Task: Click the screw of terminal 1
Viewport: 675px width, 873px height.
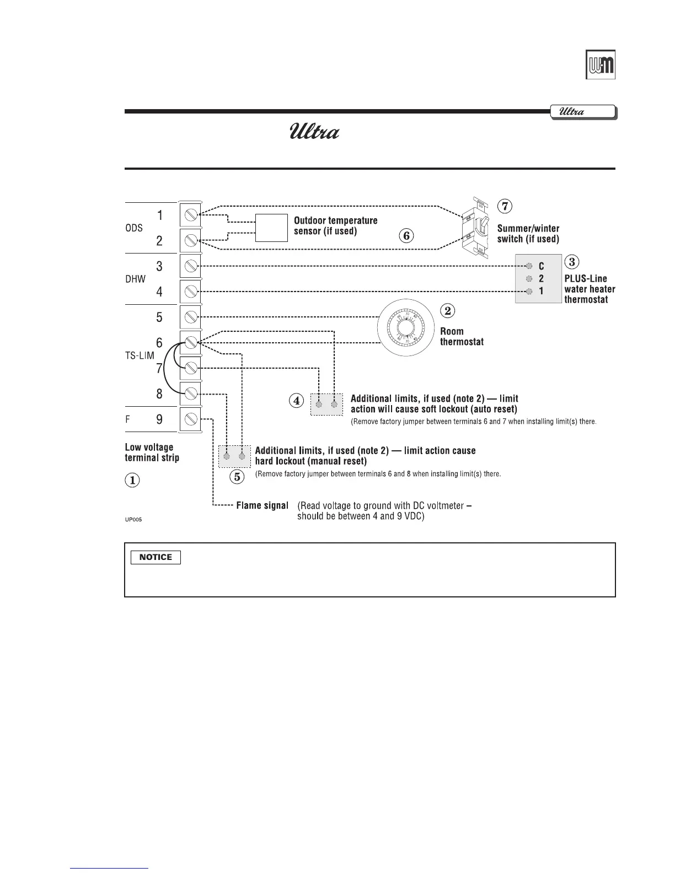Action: coord(191,215)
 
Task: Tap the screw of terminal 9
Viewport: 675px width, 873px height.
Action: coord(191,419)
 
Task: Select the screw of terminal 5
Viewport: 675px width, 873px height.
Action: coord(191,317)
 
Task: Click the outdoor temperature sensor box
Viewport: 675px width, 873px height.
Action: coord(271,228)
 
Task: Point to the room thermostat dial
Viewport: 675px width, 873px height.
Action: coord(406,330)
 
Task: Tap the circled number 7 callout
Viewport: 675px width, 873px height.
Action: coord(505,206)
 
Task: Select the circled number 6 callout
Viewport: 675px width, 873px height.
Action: coord(406,236)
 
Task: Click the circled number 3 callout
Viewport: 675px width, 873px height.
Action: coord(572,262)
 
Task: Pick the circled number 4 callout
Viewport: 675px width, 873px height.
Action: coord(297,401)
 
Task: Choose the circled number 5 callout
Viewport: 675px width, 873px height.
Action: coord(237,477)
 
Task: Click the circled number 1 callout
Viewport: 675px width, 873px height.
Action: coord(132,480)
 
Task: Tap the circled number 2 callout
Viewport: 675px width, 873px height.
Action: coord(447,311)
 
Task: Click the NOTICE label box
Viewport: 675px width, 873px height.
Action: coord(156,557)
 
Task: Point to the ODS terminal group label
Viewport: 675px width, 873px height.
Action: coord(134,228)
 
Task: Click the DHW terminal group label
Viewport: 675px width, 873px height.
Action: coord(136,279)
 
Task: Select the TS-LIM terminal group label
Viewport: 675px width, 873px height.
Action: coord(140,356)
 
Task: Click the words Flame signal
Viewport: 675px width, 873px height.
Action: coord(262,505)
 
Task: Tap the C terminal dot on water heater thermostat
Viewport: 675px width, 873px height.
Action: coord(529,266)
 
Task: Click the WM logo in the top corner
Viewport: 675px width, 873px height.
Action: coord(600,65)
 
